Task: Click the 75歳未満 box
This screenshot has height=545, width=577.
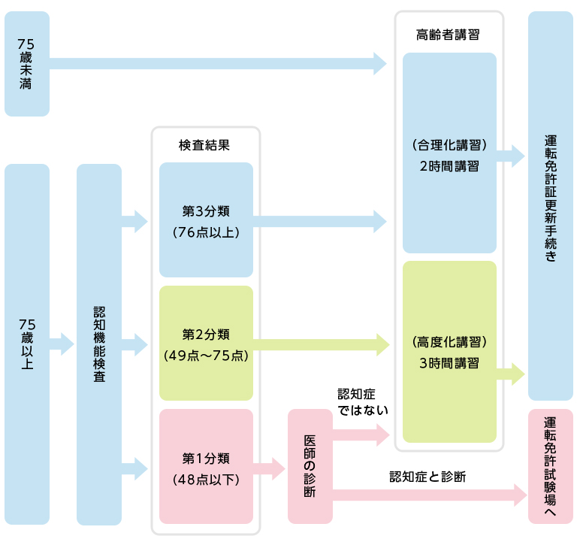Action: pos(27,64)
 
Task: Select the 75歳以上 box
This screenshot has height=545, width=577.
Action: pos(27,344)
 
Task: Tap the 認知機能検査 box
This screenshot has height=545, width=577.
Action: pos(99,344)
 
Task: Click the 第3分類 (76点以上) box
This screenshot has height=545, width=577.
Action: pos(206,220)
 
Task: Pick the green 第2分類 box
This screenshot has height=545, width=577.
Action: pos(206,344)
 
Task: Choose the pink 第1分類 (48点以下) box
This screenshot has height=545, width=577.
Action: pos(206,467)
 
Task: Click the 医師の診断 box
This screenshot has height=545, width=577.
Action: pos(310,467)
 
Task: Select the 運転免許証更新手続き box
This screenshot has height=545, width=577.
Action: pos(551,205)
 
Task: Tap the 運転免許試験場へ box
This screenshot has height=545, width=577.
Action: pos(551,467)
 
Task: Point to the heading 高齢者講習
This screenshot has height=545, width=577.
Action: pos(449,35)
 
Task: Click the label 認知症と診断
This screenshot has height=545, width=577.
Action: pos(427,477)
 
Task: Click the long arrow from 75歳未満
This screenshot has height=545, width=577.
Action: pos(218,64)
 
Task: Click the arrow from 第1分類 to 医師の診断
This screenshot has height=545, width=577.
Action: pos(269,470)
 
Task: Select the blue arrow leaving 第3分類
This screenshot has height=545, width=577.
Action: pos(320,221)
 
